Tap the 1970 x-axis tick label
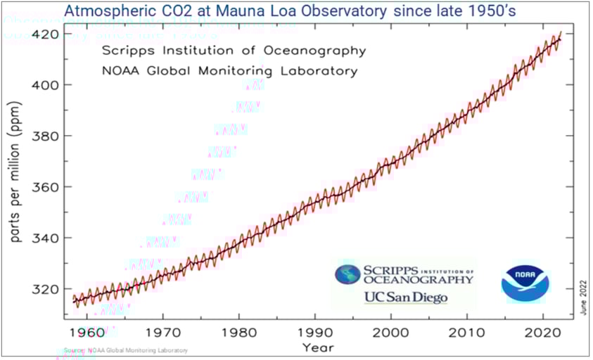tap(163, 331)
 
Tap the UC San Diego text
tap(405, 297)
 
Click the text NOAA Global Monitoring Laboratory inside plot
tap(229, 71)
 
